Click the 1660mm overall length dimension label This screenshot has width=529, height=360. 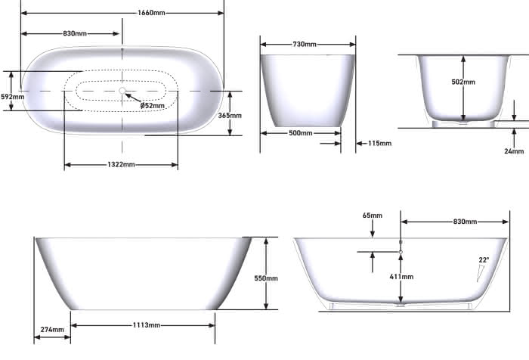pos(151,13)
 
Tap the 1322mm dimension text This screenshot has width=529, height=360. pos(121,164)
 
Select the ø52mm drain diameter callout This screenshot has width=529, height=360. pos(153,105)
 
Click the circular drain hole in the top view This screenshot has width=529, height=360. pos(122,91)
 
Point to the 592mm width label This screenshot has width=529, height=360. pos(13,97)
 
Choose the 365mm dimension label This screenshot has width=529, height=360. pos(230,116)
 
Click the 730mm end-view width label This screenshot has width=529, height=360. pos(305,44)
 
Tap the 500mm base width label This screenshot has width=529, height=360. pos(301,133)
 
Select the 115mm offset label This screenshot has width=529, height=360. pos(380,143)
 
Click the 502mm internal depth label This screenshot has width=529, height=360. pos(463,82)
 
